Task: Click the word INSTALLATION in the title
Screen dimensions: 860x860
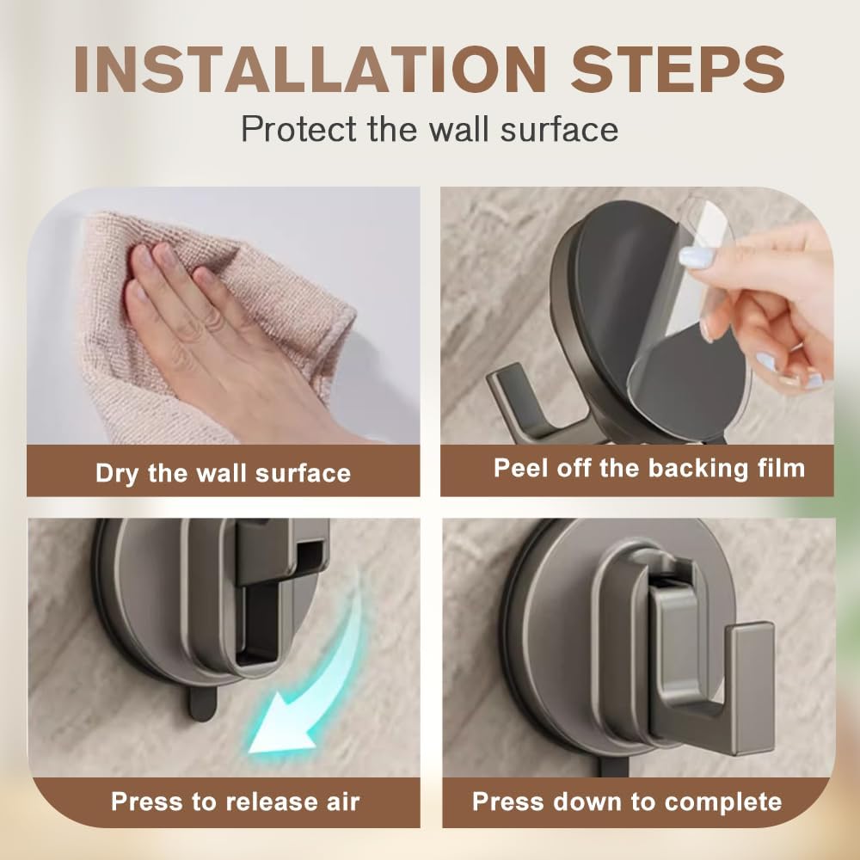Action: click(x=310, y=69)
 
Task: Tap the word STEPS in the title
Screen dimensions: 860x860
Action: click(x=678, y=69)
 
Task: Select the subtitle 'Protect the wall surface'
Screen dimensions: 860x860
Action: click(x=429, y=130)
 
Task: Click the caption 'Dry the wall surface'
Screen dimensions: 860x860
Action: click(x=224, y=473)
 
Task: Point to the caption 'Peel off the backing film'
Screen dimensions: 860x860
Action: click(x=648, y=468)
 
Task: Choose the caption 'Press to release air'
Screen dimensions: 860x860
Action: click(x=236, y=802)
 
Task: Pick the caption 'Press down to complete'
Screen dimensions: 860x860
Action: click(x=627, y=802)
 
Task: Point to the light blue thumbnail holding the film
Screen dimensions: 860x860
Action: click(x=697, y=256)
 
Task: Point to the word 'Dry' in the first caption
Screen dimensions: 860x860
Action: click(x=117, y=473)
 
